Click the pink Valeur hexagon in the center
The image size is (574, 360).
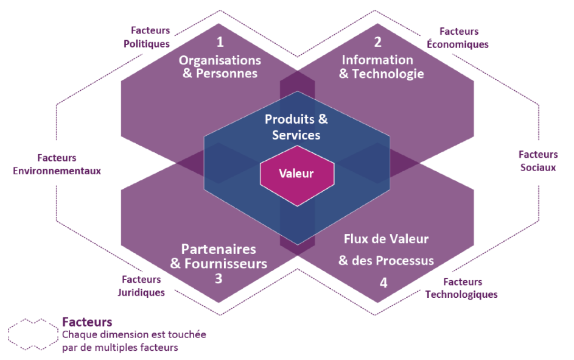click(296, 174)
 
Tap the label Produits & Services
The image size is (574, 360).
click(296, 126)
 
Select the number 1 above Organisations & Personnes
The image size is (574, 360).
click(220, 43)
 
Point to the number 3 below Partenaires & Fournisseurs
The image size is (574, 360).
click(218, 278)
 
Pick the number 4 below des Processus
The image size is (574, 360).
click(383, 282)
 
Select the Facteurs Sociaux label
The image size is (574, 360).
click(538, 161)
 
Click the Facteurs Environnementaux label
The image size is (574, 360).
click(57, 164)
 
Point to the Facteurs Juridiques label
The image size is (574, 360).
click(141, 286)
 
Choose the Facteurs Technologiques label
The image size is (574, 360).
click(461, 288)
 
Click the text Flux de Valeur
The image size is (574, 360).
click(386, 238)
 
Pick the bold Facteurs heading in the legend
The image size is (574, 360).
click(87, 322)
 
